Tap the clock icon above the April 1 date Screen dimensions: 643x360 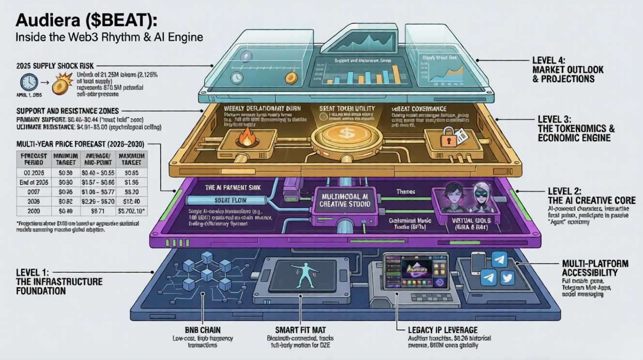pyautogui.click(x=29, y=82)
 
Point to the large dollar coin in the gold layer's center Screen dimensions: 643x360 pyautogui.click(x=347, y=134)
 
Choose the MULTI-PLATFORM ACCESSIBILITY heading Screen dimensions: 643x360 pyautogui.click(x=595, y=268)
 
